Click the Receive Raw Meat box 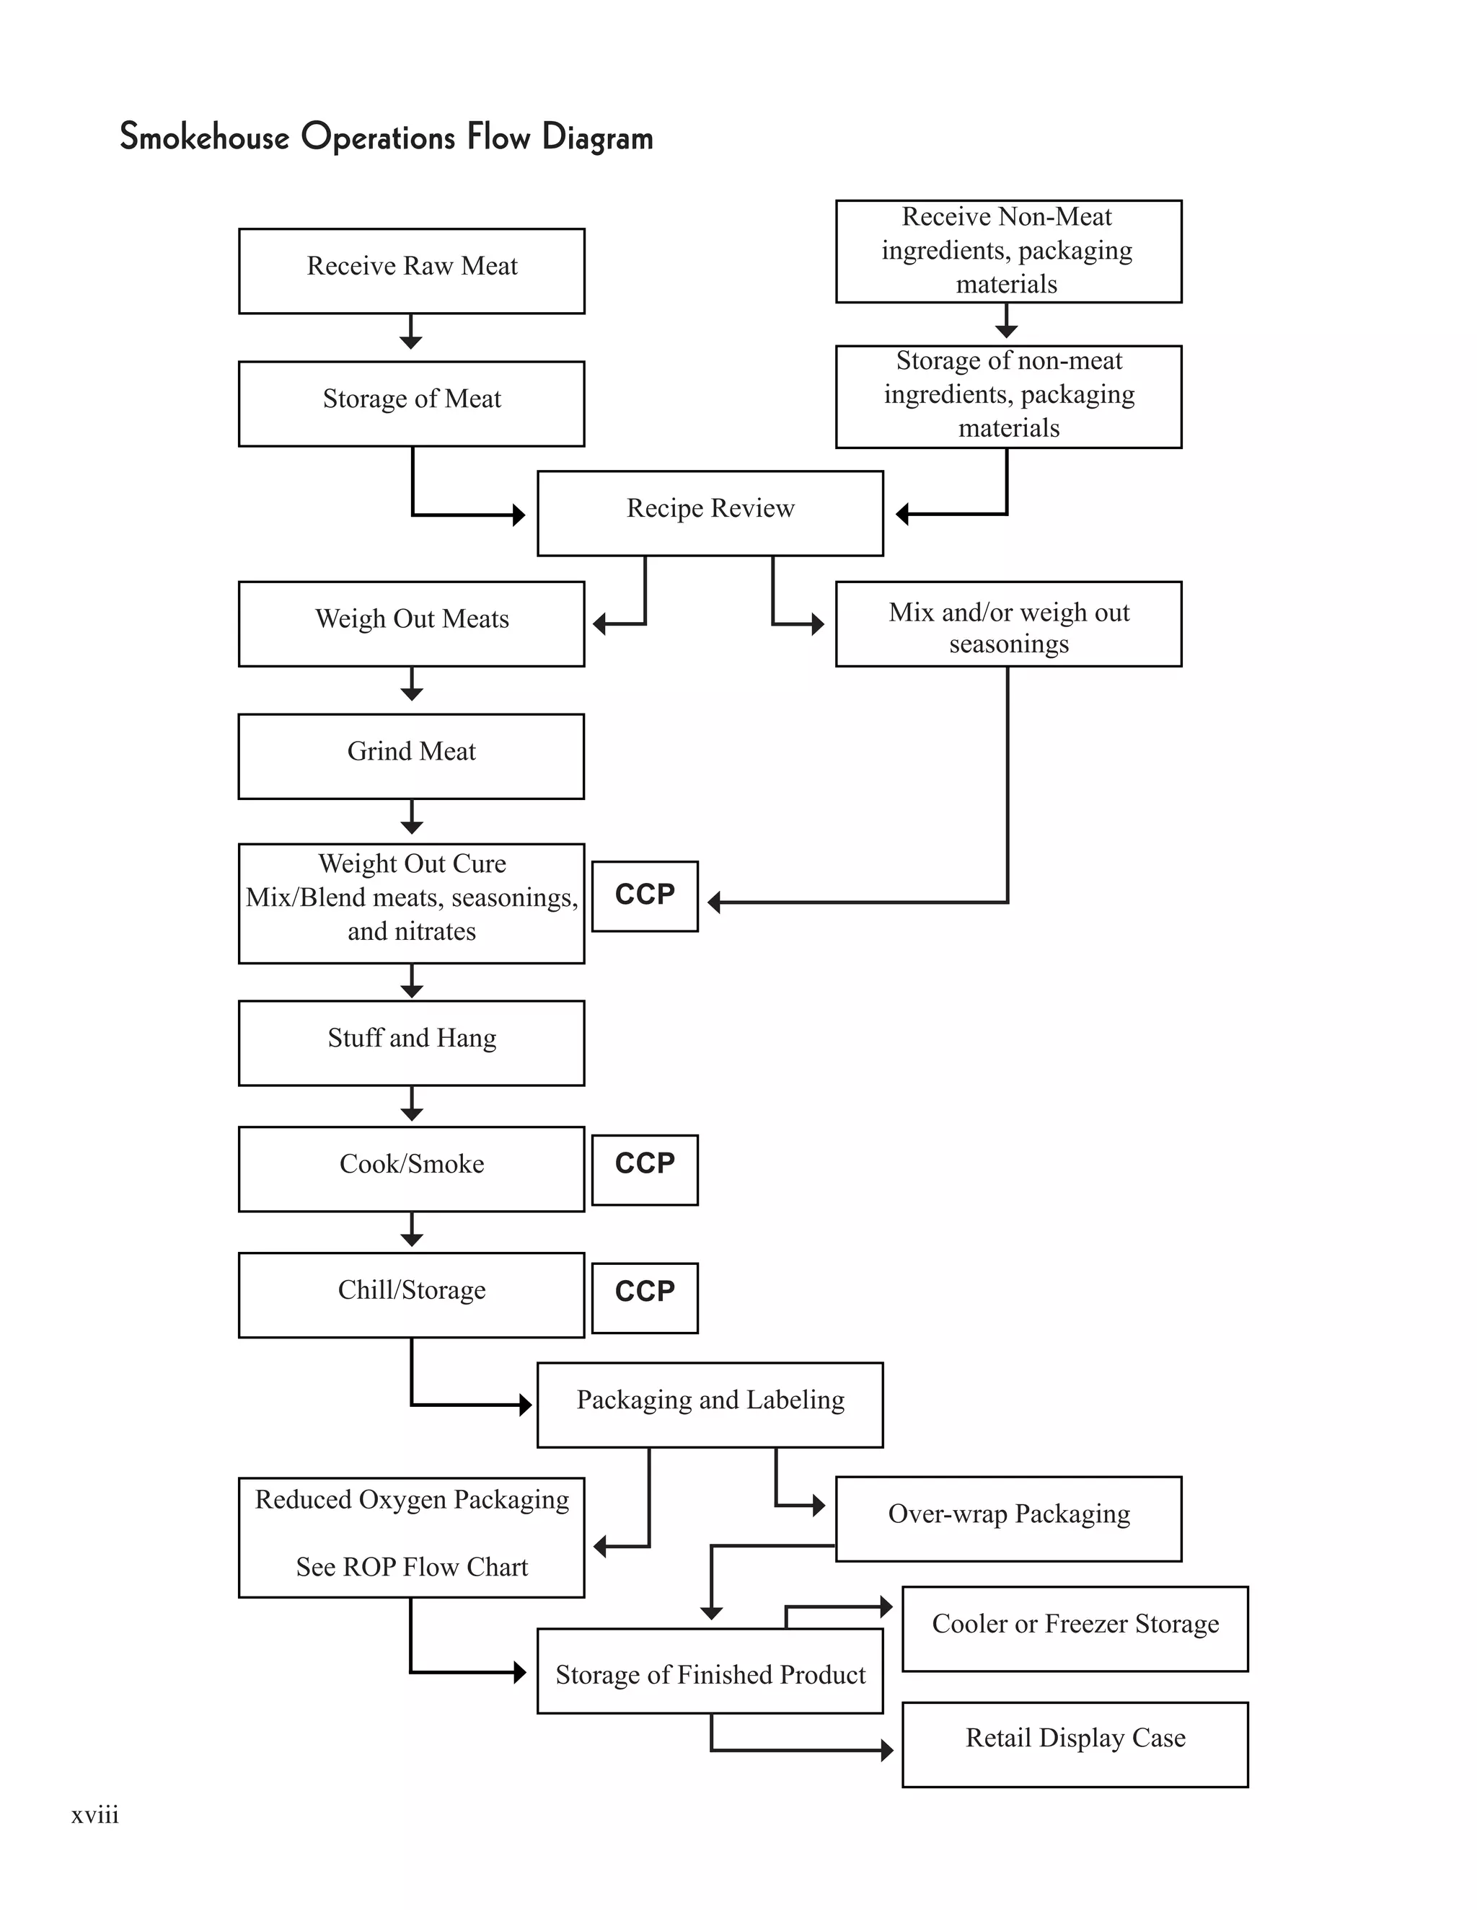click(411, 270)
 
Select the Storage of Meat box click(411, 403)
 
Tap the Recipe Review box click(710, 512)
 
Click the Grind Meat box click(411, 755)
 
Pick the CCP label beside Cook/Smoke click(645, 1169)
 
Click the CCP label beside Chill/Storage click(645, 1297)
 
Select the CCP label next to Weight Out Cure click(645, 895)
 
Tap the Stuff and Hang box click(411, 1042)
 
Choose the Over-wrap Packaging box click(1008, 1518)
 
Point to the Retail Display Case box click(1075, 1744)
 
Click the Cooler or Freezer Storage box click(1075, 1628)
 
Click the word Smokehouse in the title click(204, 137)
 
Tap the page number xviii click(94, 1815)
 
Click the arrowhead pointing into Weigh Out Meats click(599, 623)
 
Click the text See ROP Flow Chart click(411, 1566)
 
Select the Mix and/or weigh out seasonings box click(1008, 623)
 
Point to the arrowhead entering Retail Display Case click(886, 1750)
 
